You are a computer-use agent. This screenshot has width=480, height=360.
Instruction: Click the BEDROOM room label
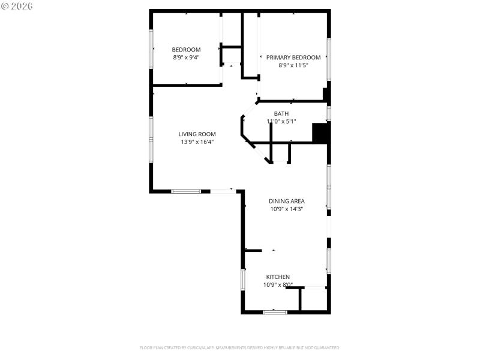point(186,50)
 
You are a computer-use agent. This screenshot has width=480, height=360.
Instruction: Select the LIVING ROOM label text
point(197,134)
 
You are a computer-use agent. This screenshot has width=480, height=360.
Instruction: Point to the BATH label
point(281,114)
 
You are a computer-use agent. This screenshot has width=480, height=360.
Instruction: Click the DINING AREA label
point(286,202)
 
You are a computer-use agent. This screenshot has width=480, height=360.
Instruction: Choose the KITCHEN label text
point(278,277)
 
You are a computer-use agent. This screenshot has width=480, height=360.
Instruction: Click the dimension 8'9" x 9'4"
point(186,58)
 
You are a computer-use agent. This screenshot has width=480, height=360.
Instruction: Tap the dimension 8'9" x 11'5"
point(293,65)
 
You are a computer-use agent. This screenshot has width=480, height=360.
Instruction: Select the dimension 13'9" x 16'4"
point(197,142)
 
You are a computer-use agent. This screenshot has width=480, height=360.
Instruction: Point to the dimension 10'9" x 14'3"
point(286,209)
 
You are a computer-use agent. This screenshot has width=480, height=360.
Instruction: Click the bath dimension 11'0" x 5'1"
point(281,122)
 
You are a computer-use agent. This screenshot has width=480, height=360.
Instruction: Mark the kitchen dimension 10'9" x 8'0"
point(278,285)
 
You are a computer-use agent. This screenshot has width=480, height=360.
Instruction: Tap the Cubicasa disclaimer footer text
point(239,348)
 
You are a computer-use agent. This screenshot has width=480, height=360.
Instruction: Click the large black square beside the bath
point(321,133)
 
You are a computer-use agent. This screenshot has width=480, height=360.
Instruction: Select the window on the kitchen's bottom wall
point(275,311)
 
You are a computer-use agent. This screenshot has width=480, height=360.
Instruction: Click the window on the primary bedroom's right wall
point(328,59)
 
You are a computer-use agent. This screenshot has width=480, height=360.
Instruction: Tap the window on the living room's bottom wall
point(186,191)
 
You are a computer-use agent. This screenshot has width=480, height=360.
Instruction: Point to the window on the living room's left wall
point(151,137)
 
